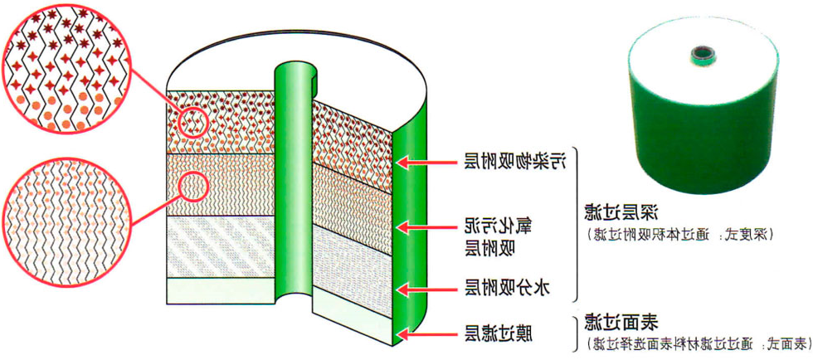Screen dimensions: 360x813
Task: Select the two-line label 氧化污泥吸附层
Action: [x=495, y=234]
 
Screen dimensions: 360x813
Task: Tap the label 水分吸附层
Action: [x=507, y=289]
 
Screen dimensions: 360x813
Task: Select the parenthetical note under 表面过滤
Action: [x=696, y=343]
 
